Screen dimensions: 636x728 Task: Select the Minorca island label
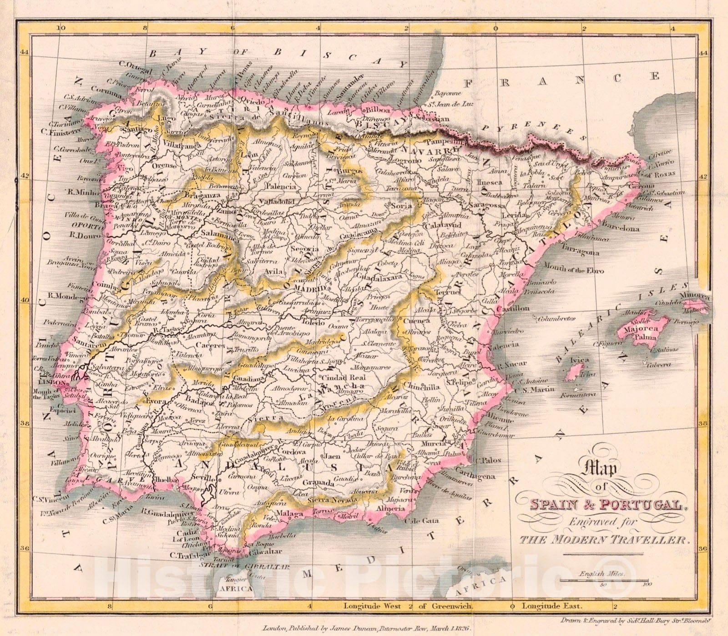pyautogui.click(x=695, y=296)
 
